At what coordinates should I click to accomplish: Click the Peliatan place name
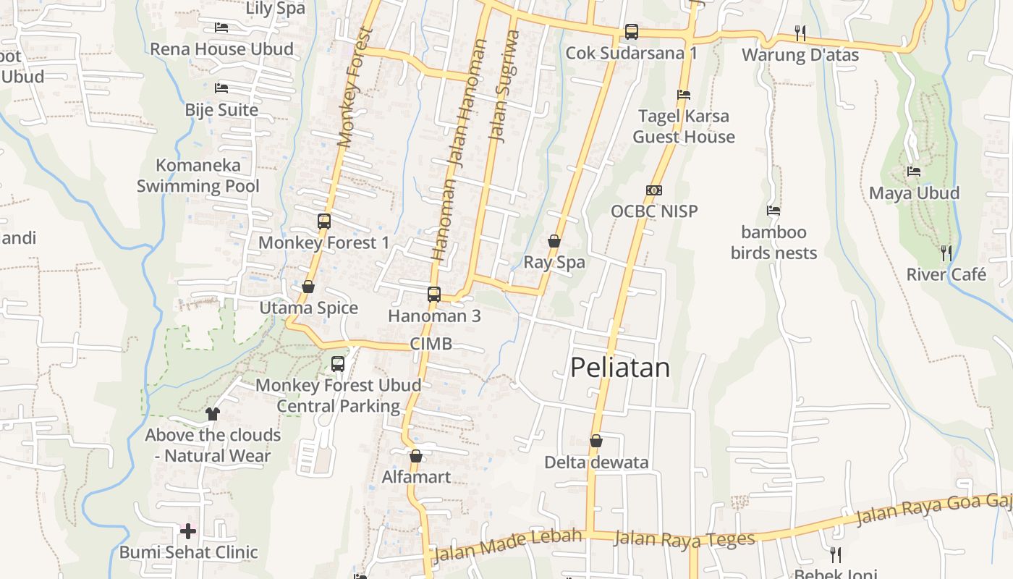click(620, 368)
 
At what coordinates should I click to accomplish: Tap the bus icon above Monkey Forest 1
click(323, 221)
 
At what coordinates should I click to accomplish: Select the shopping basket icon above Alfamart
click(416, 456)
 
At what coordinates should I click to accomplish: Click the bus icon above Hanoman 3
click(434, 295)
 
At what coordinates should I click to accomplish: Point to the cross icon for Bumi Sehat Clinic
click(188, 531)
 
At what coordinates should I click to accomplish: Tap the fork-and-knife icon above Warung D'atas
click(800, 33)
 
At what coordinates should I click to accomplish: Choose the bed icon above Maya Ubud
click(914, 172)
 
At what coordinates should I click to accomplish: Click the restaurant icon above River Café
click(946, 253)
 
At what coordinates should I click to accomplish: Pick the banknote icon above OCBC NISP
click(654, 190)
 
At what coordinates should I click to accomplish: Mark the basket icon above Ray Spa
click(554, 241)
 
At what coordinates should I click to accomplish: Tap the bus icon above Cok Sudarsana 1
click(632, 32)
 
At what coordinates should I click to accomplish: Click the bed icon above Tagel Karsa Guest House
click(684, 95)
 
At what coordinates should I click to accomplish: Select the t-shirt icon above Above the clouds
click(212, 414)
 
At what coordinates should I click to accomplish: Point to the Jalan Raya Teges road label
click(684, 538)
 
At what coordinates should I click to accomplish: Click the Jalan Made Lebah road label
click(508, 545)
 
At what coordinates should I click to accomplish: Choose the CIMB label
click(431, 344)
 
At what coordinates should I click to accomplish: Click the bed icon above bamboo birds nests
click(773, 211)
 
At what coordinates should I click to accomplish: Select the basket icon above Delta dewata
click(596, 441)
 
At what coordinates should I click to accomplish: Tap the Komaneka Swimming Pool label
click(198, 176)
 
